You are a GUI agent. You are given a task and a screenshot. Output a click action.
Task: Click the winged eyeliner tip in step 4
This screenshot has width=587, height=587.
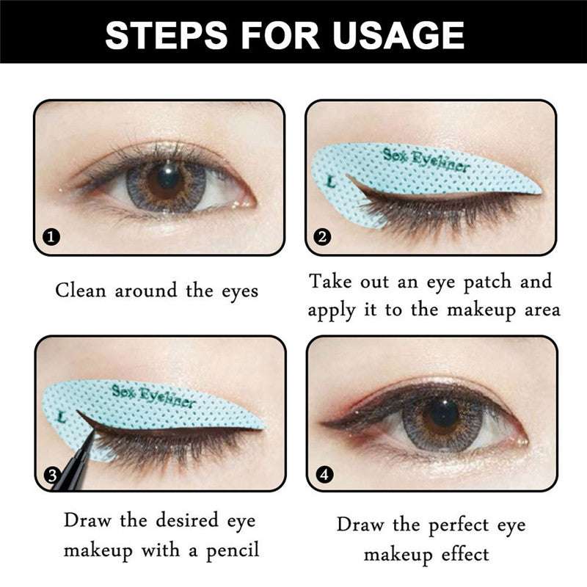pos(327,424)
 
